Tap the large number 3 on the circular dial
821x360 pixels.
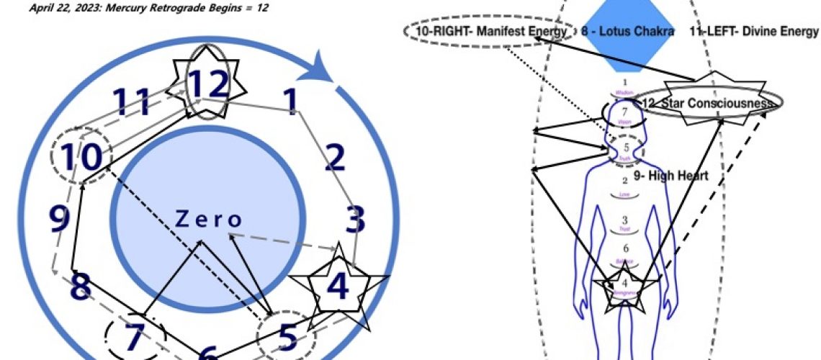(x=354, y=221)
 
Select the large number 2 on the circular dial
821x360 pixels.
(x=335, y=158)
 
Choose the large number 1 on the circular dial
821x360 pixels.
(x=291, y=102)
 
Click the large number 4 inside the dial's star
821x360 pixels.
(x=337, y=286)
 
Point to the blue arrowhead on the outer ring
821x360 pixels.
(x=329, y=69)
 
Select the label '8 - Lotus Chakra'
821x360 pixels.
(x=628, y=32)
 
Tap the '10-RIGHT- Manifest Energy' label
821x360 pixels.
(x=489, y=32)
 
